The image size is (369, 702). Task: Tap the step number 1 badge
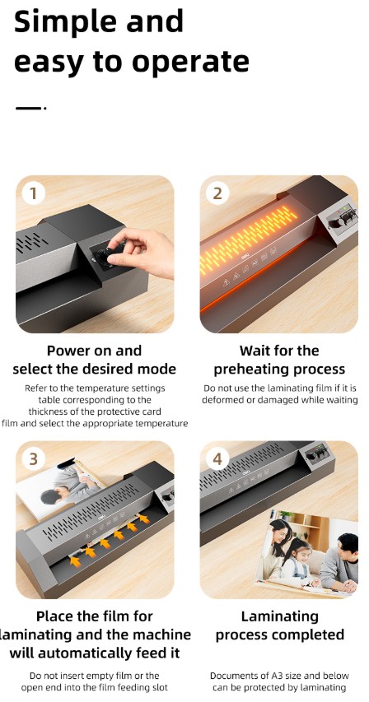tap(33, 194)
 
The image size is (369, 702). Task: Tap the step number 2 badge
tap(217, 194)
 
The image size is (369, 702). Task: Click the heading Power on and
tap(94, 351)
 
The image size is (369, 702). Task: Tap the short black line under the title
tap(29, 107)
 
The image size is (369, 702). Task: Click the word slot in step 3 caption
tap(156, 687)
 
